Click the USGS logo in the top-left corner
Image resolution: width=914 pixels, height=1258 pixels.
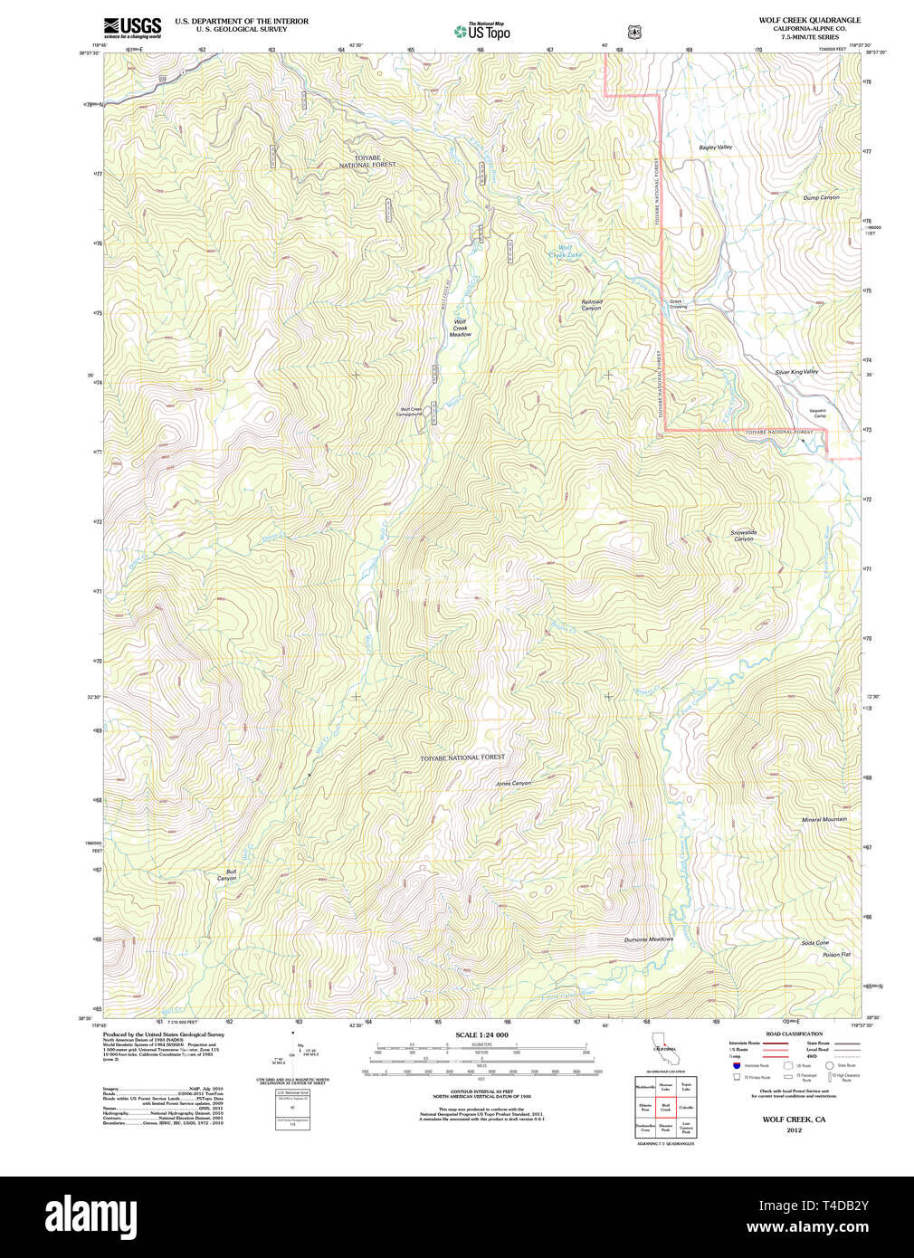pos(132,27)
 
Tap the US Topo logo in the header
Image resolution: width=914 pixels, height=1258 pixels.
pos(482,32)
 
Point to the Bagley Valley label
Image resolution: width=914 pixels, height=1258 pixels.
pos(715,147)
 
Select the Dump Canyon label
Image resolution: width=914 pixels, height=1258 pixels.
pos(821,197)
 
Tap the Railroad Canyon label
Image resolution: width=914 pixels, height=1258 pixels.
pos(591,305)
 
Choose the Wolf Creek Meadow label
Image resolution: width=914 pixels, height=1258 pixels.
pos(461,328)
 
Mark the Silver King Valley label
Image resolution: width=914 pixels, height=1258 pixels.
pos(796,372)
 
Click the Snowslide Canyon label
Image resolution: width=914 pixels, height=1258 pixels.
pos(743,536)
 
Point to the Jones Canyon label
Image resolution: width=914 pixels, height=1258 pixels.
pos(513,783)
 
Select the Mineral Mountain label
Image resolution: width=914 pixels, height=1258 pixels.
pos(824,820)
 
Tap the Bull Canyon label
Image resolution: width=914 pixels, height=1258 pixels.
pos(226,875)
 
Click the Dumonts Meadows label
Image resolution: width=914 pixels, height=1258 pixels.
pos(648,939)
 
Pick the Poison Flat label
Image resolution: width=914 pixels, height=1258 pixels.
pos(836,955)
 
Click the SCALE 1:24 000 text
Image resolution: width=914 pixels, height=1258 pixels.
pos(481,1034)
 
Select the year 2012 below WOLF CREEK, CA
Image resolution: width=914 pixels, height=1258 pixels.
pos(794,1130)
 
